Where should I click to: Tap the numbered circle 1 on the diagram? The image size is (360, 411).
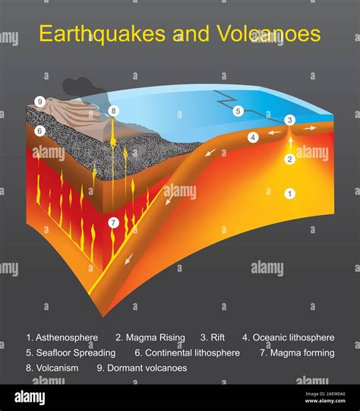289,194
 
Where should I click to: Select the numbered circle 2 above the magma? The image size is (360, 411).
289,159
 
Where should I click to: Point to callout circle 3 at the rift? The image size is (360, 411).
289,120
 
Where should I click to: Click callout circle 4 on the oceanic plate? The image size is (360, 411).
254,138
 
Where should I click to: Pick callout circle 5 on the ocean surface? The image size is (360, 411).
238,111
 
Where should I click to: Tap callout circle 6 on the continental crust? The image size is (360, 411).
39,131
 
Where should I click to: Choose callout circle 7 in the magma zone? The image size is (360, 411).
113,223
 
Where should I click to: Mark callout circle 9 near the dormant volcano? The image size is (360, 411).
39,101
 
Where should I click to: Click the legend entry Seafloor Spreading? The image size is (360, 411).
74,353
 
